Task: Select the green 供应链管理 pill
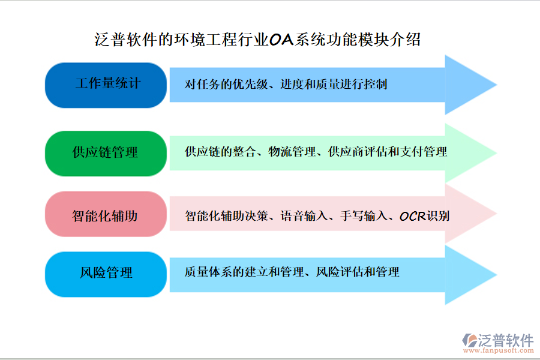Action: (106, 153)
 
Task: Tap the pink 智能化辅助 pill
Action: (106, 215)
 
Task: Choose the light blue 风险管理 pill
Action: (106, 274)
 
